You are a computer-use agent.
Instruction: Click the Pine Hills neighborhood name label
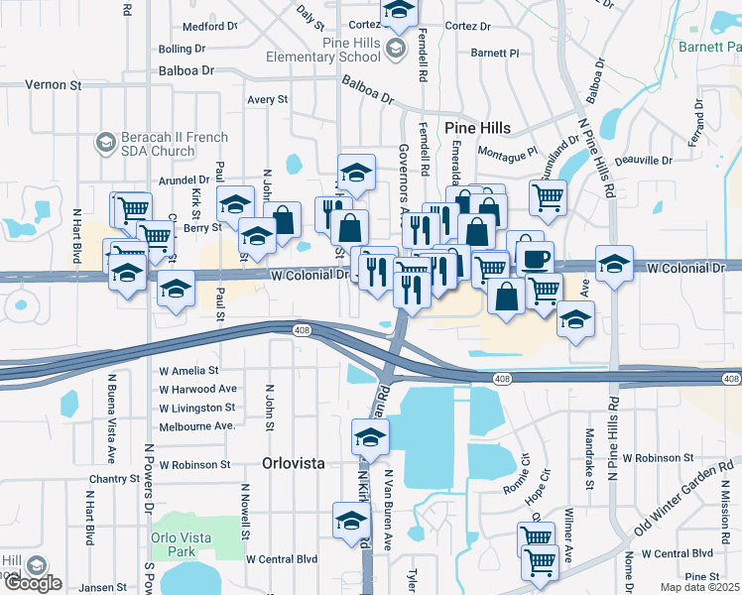tap(477, 128)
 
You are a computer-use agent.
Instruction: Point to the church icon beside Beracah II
tap(104, 144)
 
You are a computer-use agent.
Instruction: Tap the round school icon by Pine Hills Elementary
tap(396, 49)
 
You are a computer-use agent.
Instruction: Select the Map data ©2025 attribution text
tap(699, 587)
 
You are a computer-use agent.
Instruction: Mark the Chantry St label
tap(114, 479)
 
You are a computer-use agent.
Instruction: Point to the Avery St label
tap(267, 100)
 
